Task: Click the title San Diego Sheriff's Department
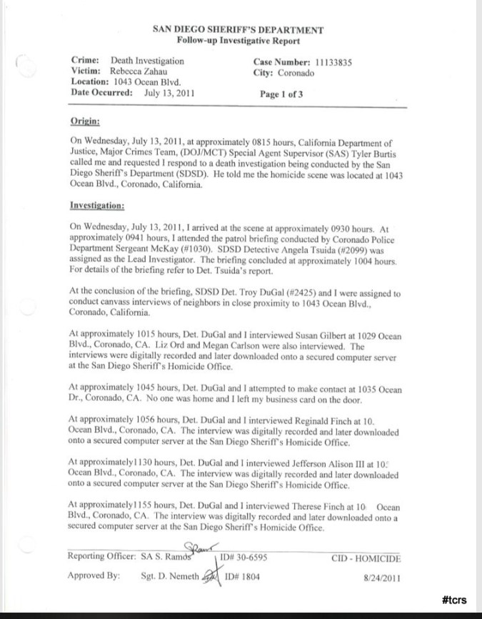pyautogui.click(x=239, y=30)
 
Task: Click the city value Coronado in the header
pyautogui.click(x=293, y=72)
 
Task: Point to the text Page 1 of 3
pyautogui.click(x=282, y=94)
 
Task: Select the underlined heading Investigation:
pyautogui.click(x=97, y=206)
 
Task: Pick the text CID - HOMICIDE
pyautogui.click(x=366, y=557)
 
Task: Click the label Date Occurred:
pyautogui.click(x=103, y=93)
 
